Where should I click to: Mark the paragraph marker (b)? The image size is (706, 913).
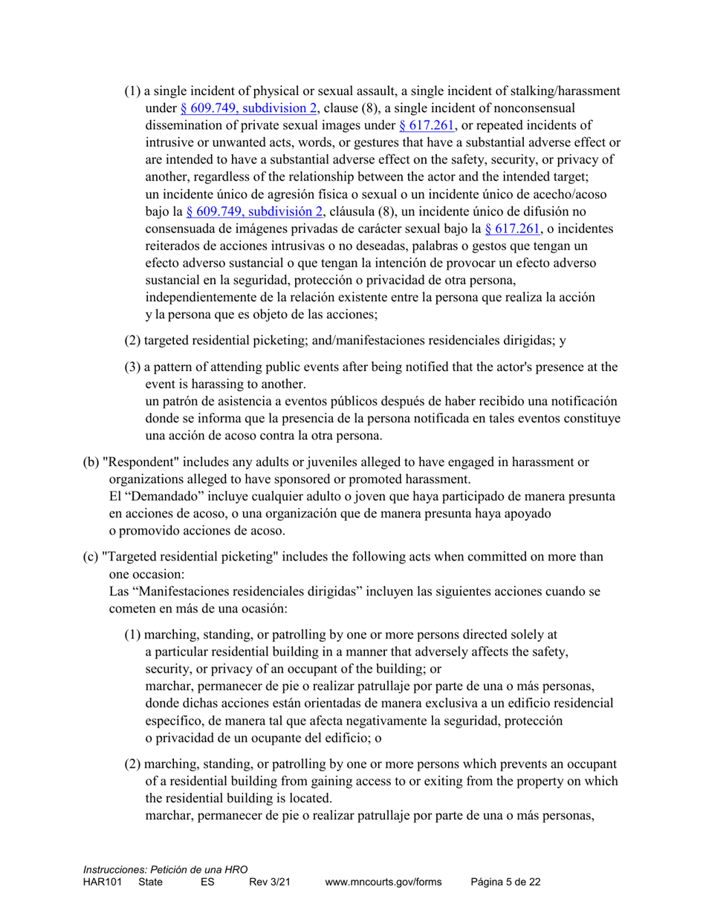[x=90, y=462]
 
